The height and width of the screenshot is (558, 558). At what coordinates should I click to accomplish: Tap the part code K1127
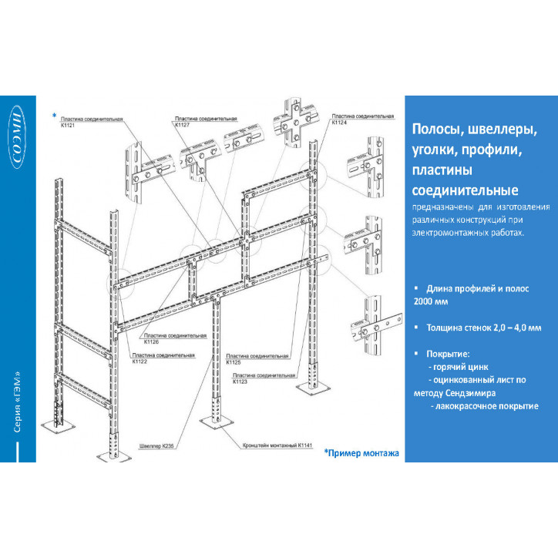click(183, 125)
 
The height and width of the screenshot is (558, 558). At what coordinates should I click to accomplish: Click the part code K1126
click(151, 342)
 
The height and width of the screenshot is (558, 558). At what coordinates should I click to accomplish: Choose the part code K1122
click(139, 361)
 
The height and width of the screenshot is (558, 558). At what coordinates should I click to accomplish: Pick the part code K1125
click(233, 361)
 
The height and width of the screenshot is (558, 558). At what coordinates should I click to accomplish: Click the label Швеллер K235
click(158, 445)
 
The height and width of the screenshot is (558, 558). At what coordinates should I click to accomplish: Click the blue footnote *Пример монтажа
click(361, 453)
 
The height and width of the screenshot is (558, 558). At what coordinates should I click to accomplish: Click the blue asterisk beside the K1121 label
click(55, 116)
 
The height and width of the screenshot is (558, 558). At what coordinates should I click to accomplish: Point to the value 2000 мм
click(435, 301)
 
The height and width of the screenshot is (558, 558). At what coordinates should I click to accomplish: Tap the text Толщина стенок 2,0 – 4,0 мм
click(483, 328)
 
